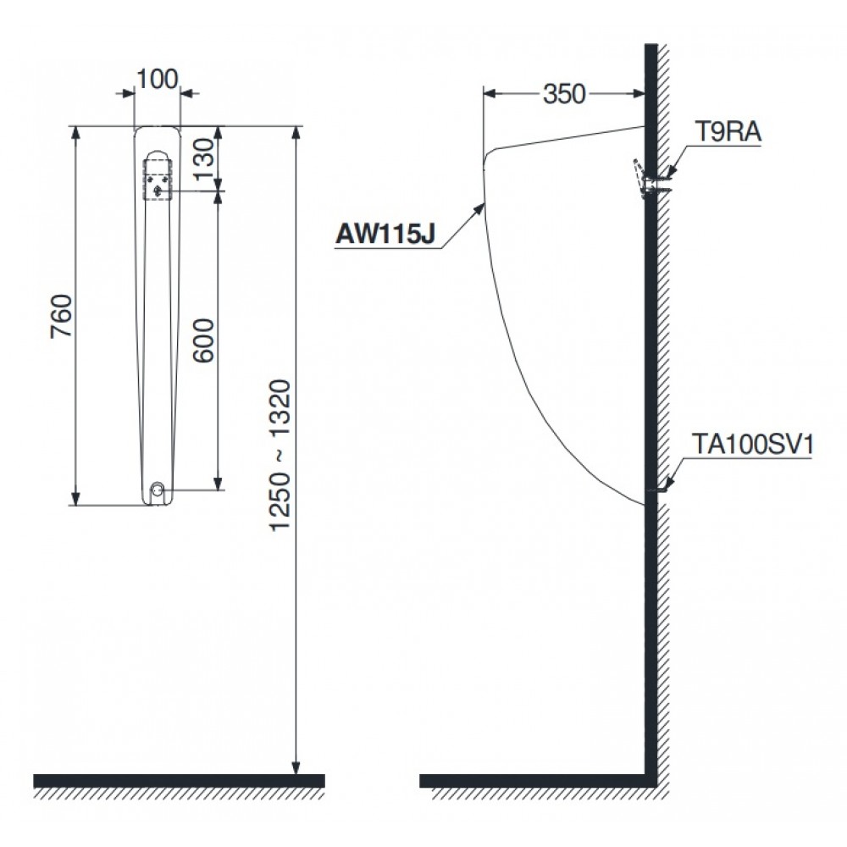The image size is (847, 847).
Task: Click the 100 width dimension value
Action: [157, 79]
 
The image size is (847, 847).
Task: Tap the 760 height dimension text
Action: [63, 316]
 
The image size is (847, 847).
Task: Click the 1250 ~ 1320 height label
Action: [280, 456]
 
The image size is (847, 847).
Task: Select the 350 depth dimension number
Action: [564, 94]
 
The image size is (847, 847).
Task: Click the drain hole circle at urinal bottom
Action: [157, 490]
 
